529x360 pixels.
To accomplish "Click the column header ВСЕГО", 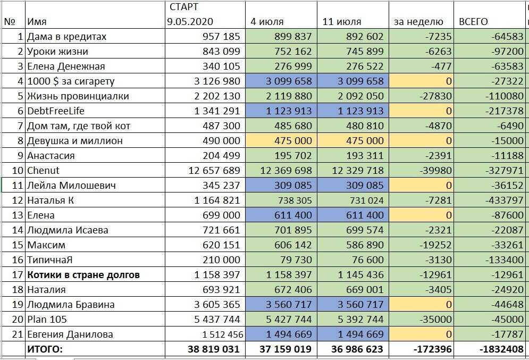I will click(473, 22).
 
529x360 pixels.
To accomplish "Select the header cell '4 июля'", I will click(267, 22).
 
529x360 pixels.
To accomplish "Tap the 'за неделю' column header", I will click(418, 22).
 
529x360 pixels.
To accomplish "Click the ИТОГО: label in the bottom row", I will click(45, 349).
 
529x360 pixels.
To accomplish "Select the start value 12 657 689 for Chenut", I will click(214, 171).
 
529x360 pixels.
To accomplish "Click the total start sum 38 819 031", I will click(213, 349).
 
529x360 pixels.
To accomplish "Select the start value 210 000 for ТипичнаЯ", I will click(222, 260).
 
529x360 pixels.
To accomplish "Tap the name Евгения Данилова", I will click(72, 334).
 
